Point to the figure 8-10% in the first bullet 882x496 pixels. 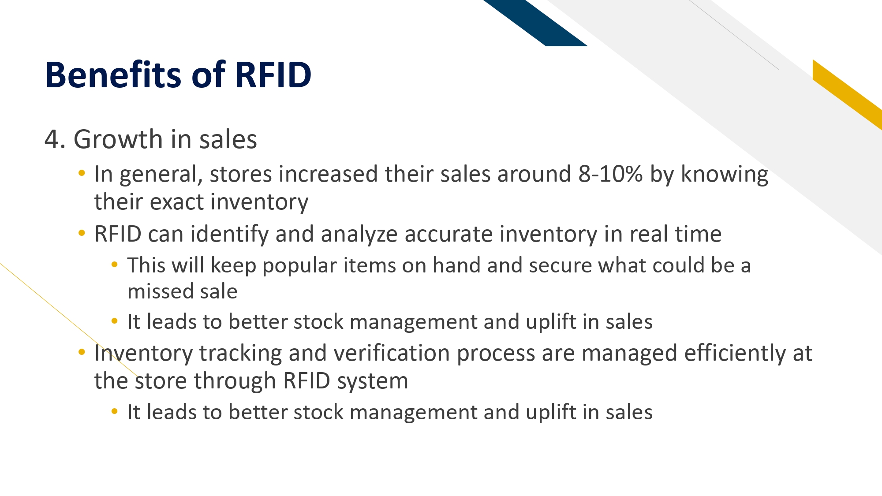pyautogui.click(x=610, y=174)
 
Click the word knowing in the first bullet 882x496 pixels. pyautogui.click(x=725, y=175)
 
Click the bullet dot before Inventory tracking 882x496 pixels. pyautogui.click(x=82, y=352)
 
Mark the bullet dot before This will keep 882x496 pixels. pyautogui.click(x=115, y=265)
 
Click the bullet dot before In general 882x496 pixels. pyautogui.click(x=82, y=173)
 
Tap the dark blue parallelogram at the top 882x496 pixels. pyautogui.click(x=535, y=23)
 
